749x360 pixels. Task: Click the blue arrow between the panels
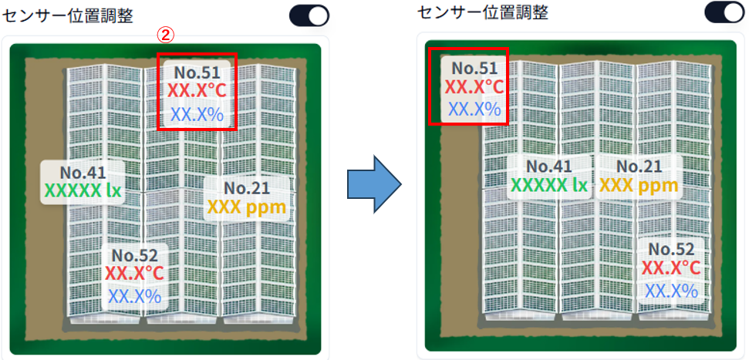coord(373,183)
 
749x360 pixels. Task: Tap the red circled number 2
coord(165,35)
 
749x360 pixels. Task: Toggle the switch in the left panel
coord(309,15)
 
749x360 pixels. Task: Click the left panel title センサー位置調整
coord(68,16)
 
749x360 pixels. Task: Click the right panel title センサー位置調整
coord(482,12)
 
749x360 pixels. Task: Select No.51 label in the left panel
coord(197,72)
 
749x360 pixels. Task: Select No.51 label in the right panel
coord(474,69)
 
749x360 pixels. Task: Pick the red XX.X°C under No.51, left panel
coord(197,90)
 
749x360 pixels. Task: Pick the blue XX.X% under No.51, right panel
coord(474,109)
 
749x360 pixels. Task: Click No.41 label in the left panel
coord(83,172)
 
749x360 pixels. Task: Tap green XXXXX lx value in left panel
coord(83,190)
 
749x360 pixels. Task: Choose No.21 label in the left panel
coord(247,188)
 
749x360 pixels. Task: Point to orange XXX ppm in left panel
coord(247,207)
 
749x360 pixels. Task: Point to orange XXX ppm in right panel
coord(639,185)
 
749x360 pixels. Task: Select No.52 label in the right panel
coord(671,249)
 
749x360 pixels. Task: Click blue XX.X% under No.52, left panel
coord(134,297)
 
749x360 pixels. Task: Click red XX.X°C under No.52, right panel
coord(671,267)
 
